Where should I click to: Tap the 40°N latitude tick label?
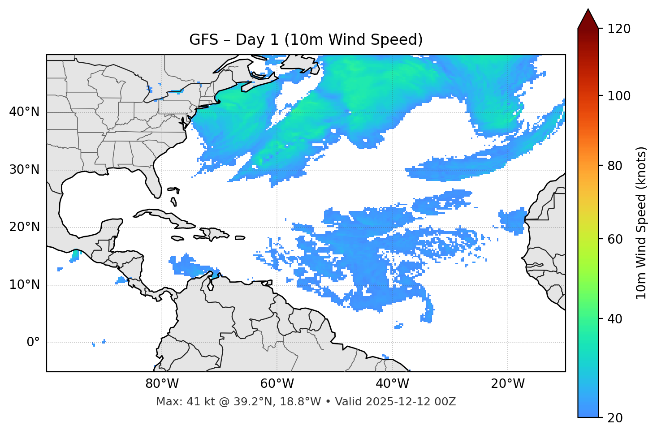24,112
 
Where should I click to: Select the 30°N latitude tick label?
24,170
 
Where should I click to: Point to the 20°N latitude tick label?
24,227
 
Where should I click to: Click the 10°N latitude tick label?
24,285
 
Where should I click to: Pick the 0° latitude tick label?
33,343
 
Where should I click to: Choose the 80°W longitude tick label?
162,384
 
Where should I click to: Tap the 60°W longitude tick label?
277,384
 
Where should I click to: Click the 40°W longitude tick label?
392,384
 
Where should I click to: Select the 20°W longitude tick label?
507,384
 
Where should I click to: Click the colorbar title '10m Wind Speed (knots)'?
641,223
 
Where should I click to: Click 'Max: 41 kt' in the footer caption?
177,402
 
